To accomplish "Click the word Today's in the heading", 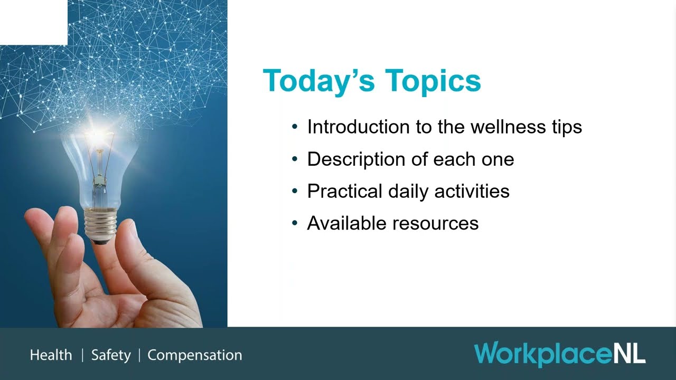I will click(319, 81).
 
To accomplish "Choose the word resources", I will click(436, 224).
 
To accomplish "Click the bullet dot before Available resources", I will click(295, 224).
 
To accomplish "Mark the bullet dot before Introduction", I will click(295, 128).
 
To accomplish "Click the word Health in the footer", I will click(51, 355).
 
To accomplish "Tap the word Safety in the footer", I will click(111, 355).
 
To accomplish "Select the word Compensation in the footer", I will click(194, 355).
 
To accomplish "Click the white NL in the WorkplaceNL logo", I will click(629, 353).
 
